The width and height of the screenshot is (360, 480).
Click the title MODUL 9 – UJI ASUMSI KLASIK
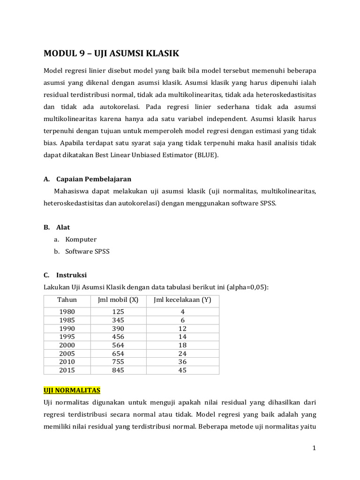point(111,53)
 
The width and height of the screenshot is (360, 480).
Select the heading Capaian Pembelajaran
point(94,179)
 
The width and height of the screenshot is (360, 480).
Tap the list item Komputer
point(81,240)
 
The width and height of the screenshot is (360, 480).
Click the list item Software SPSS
point(87,252)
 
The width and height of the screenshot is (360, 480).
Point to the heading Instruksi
point(71,275)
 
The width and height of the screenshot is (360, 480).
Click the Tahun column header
point(67,300)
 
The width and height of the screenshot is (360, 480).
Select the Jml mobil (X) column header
point(118,300)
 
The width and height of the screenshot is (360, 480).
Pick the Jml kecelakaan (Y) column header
point(182,300)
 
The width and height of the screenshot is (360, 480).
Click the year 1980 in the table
point(67,312)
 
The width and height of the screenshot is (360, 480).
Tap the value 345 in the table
point(118,320)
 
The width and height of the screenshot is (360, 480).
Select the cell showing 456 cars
point(118,337)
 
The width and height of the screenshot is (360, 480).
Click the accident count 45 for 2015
point(182,370)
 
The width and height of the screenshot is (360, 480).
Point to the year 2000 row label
point(67,345)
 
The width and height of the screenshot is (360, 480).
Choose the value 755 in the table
point(118,362)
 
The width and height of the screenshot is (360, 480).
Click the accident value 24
point(182,354)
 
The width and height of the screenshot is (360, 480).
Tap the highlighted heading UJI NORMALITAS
point(72,390)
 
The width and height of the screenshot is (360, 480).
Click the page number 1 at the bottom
point(315,449)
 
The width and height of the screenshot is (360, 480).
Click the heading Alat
point(63,227)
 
